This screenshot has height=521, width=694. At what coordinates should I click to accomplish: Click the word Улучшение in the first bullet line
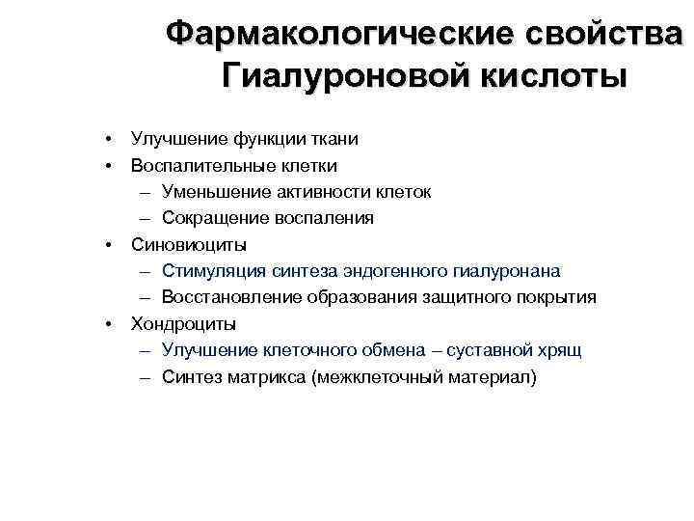pyautogui.click(x=174, y=139)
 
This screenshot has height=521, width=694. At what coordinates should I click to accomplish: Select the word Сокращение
pyautogui.click(x=211, y=218)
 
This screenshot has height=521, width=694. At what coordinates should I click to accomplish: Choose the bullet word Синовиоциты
pyautogui.click(x=188, y=244)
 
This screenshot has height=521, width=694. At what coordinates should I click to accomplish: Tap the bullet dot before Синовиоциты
pyautogui.click(x=111, y=244)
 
